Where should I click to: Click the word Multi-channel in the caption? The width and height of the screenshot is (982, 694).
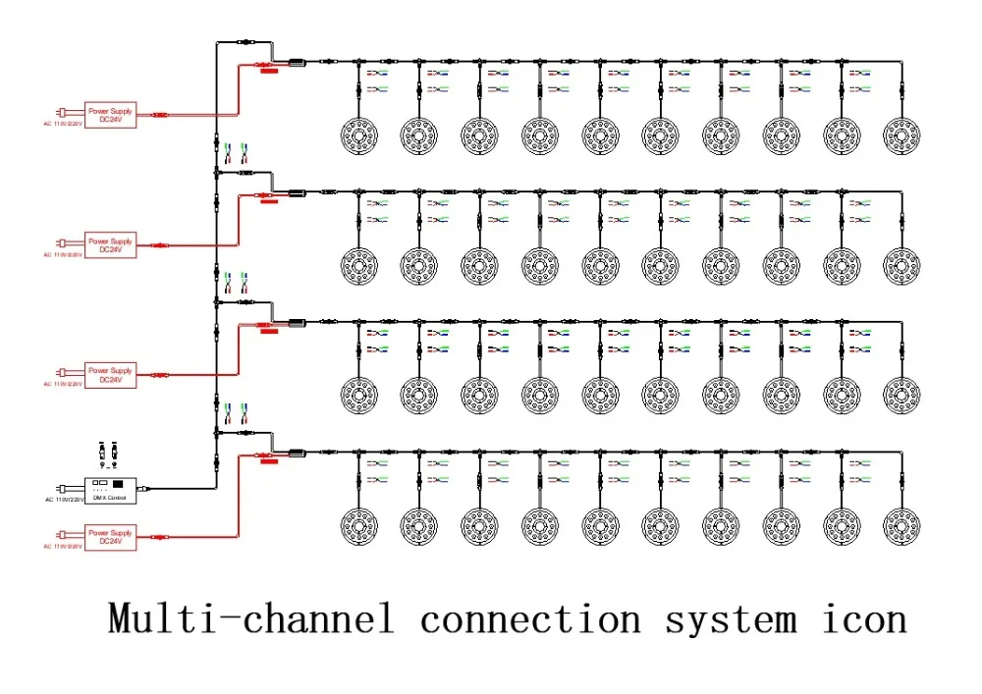(250, 619)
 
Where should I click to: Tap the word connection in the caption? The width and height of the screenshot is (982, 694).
(529, 619)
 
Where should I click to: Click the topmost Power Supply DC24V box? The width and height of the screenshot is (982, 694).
(110, 115)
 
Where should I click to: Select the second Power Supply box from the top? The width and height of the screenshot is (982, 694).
(110, 244)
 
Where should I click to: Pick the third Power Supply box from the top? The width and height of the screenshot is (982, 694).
(110, 375)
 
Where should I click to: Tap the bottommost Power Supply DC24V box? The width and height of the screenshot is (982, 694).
(110, 537)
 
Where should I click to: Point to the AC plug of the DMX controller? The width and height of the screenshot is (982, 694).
(64, 488)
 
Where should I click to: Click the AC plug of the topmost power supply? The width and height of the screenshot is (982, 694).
(64, 115)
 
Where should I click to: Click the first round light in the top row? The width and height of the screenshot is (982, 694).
(358, 134)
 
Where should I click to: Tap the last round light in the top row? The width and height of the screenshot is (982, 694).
(901, 134)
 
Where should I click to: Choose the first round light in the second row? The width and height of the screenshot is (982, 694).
(358, 265)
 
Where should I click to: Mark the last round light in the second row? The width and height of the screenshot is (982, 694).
(901, 265)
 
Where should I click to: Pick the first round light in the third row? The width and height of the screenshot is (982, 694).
(358, 396)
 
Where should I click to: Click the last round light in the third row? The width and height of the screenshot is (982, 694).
(901, 396)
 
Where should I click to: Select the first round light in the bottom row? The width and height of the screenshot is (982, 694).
(358, 525)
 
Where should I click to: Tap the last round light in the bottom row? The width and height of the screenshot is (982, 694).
(901, 525)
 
